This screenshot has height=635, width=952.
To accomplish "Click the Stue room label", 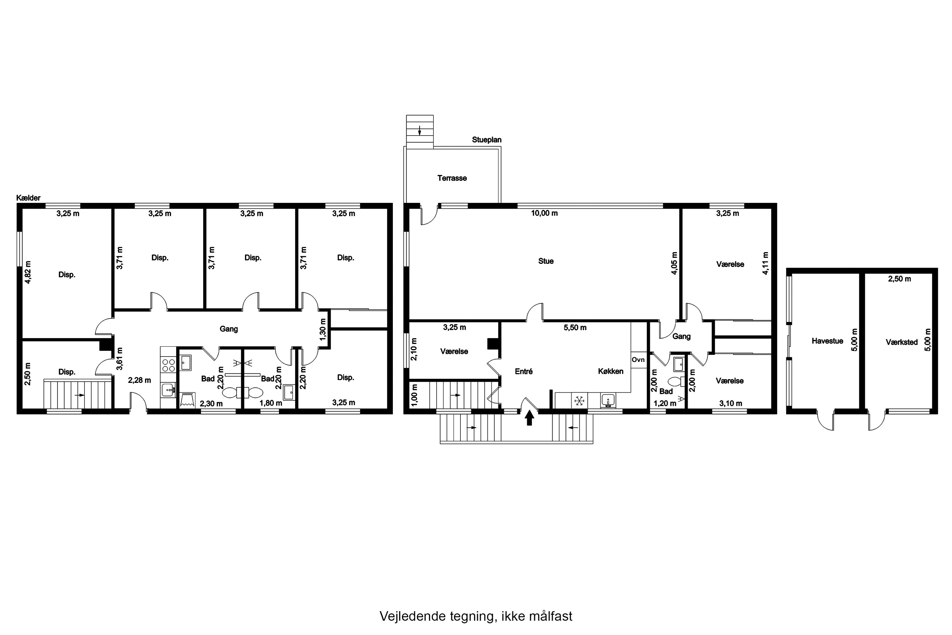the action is (545, 261).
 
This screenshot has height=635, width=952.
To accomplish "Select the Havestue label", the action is (827, 341).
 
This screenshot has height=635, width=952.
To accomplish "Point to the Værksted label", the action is (902, 342).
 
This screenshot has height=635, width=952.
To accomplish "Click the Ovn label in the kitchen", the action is (638, 360).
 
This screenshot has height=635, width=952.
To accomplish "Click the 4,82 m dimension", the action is (28, 272).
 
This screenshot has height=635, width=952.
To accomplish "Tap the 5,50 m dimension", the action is (575, 328).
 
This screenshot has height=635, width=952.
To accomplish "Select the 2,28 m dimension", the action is (139, 380).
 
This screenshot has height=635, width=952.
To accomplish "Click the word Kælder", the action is (28, 198).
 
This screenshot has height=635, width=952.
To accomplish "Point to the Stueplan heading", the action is (486, 140).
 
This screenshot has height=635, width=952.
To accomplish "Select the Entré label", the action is (524, 371).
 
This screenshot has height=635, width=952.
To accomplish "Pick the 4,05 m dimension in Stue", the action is (674, 264).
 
